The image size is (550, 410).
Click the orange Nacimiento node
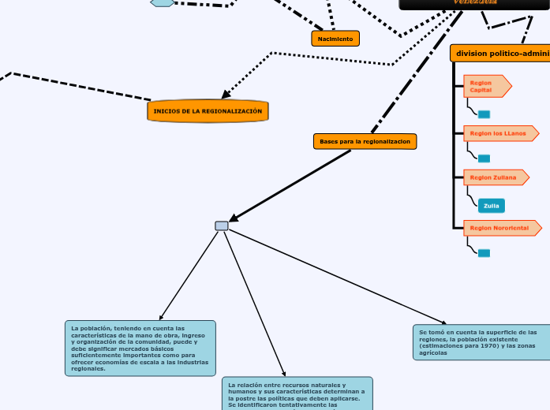pos(335,39)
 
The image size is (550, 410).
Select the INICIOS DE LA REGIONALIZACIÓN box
pos(208,111)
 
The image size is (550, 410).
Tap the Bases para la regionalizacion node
pos(365,141)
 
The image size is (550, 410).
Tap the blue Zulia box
pos(491,206)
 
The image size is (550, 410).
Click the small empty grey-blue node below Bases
pos(222,225)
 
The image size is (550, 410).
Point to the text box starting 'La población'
pos(140,348)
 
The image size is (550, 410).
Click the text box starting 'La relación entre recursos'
pos(297,393)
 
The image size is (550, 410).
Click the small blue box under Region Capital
pos(485,114)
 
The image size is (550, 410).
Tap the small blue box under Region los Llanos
pos(485,158)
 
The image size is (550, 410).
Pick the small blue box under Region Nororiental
pos(485,253)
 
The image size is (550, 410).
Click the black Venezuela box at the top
pos(474,4)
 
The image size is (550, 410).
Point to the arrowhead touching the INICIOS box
pos(226,96)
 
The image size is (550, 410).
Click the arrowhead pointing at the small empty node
pos(234,218)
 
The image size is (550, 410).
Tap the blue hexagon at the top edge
pos(163,2)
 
